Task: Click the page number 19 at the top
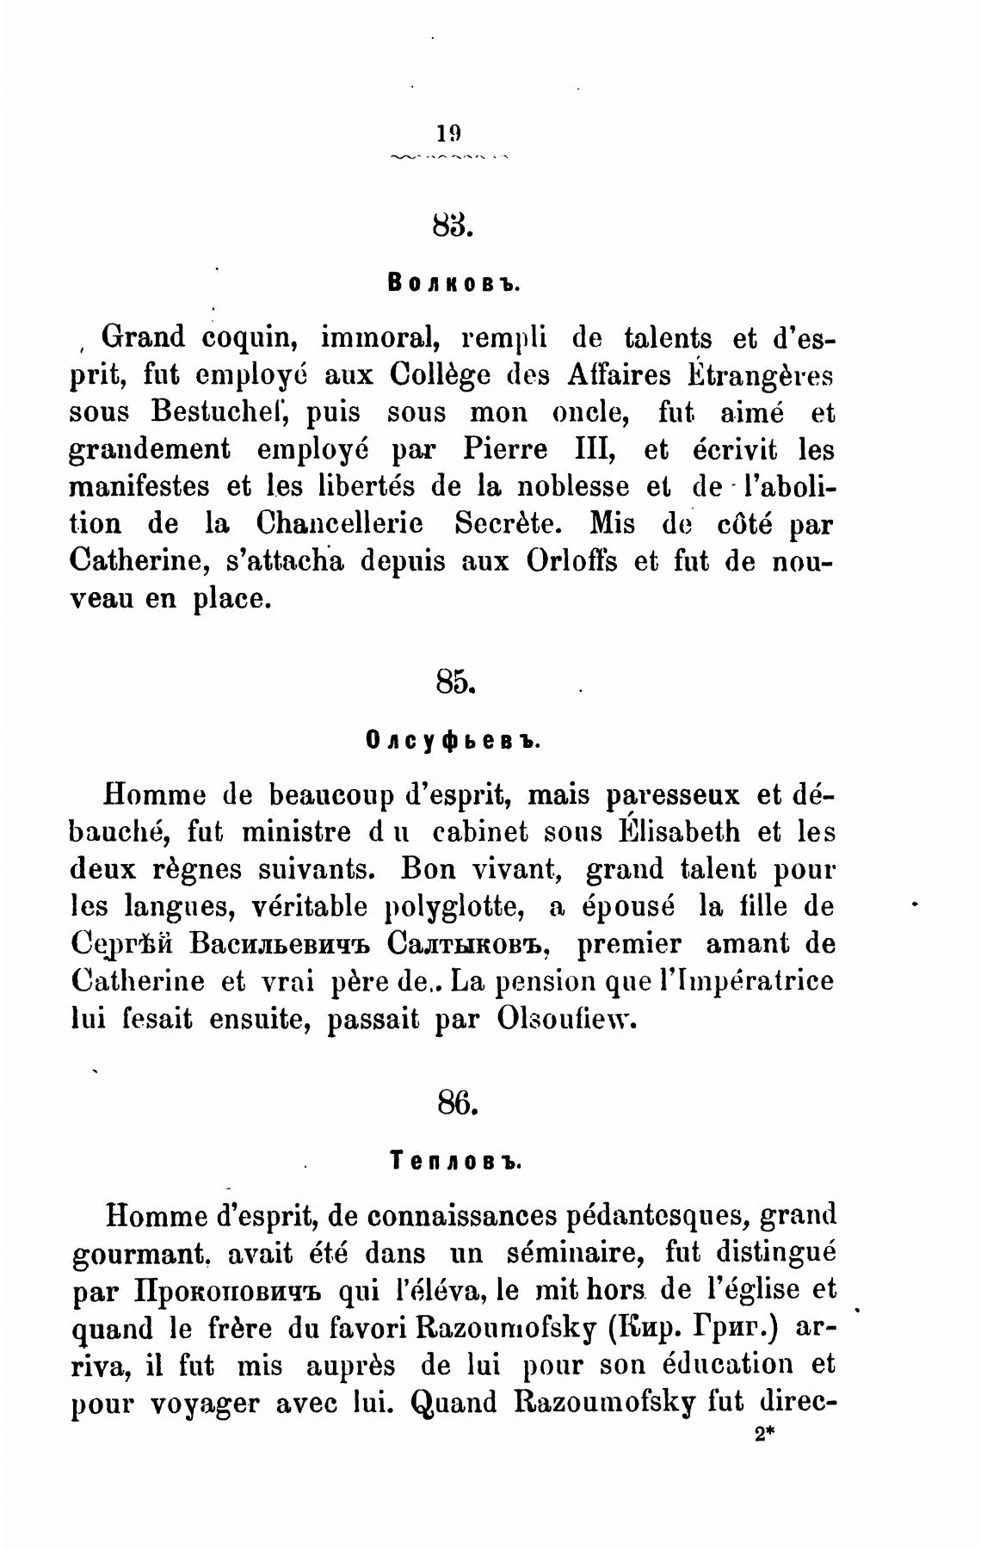tap(448, 133)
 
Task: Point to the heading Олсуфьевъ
tap(453, 740)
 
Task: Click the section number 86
tap(456, 1102)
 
